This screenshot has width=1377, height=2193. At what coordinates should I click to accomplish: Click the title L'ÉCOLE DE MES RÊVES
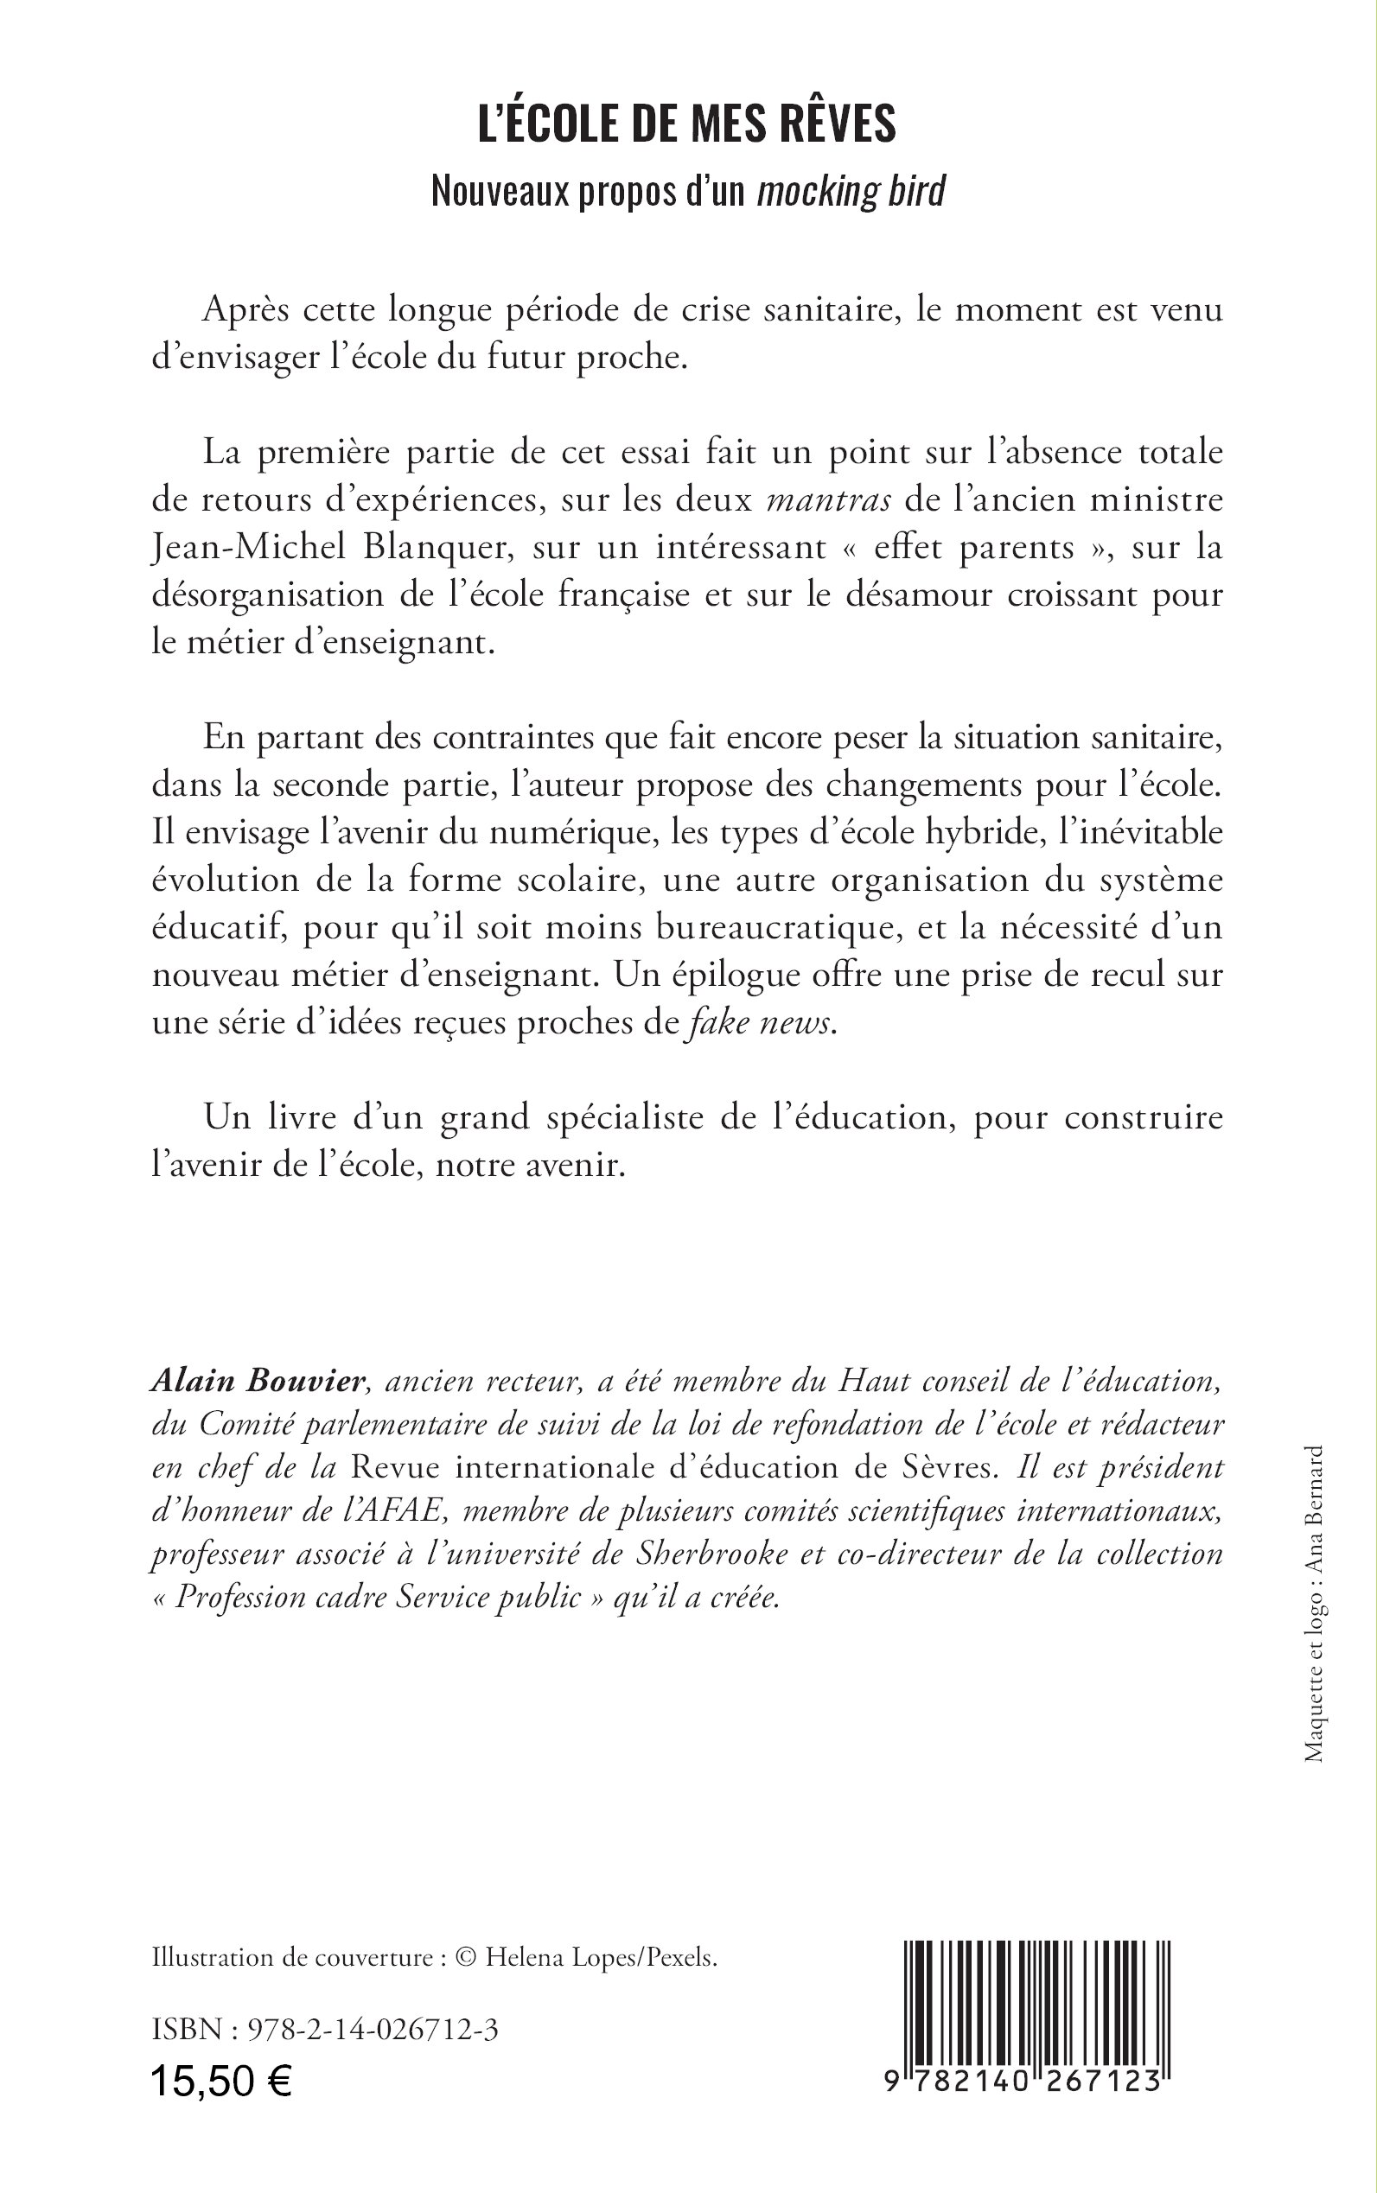pos(687,124)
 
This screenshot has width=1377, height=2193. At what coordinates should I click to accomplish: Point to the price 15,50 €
pos(221,2080)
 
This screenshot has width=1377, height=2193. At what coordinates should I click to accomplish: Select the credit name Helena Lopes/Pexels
pos(601,1958)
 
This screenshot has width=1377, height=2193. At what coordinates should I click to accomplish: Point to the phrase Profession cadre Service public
pos(378,1599)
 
